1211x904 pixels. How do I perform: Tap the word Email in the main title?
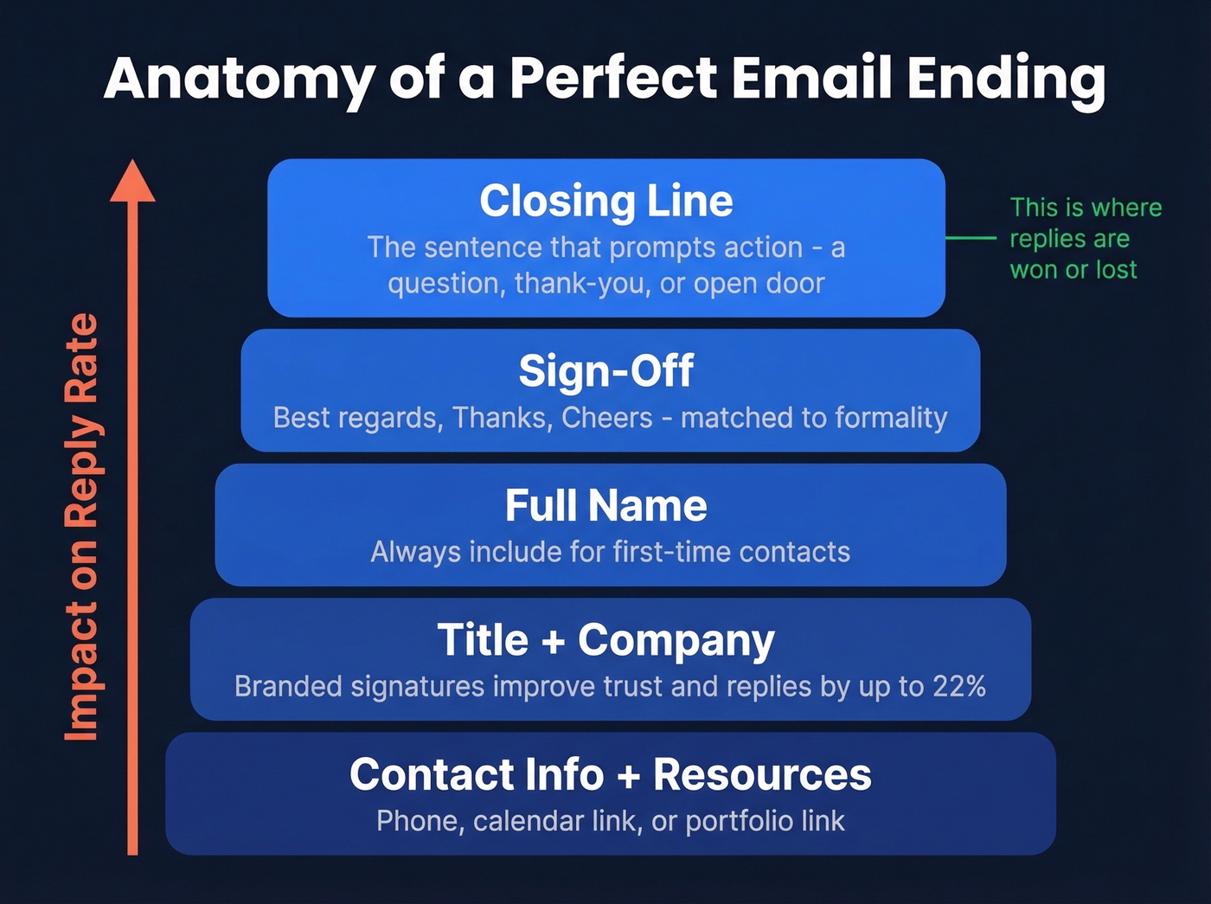click(811, 78)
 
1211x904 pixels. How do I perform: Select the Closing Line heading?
click(605, 201)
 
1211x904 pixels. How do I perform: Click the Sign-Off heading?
click(605, 371)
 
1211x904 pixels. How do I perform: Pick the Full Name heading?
click(605, 505)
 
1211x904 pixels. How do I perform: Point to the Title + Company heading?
click(605, 641)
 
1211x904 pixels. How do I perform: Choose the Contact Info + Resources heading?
click(610, 774)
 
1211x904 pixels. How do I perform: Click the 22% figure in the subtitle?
click(959, 686)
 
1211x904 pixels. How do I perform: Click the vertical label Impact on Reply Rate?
click(82, 528)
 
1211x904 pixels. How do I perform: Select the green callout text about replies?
click(1085, 238)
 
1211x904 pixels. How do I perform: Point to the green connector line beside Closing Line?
click(971, 237)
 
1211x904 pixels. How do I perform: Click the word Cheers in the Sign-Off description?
click(606, 418)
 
